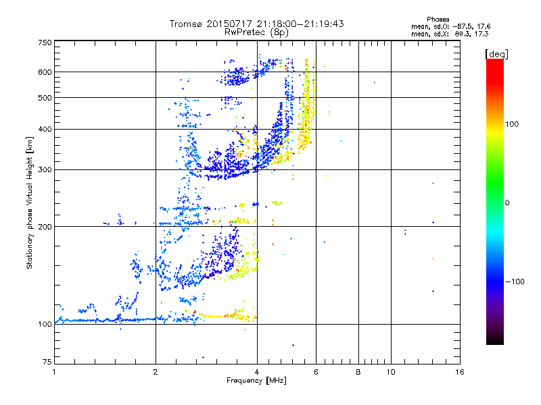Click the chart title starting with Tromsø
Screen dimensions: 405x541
pos(256,24)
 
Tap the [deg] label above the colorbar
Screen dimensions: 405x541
pos(496,53)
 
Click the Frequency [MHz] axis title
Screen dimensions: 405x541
pos(256,381)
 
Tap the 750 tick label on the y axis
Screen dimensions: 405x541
pos(45,42)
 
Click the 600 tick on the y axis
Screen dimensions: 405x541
pos(45,72)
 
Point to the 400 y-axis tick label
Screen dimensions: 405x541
pos(45,129)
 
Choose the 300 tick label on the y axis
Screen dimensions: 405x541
pos(45,169)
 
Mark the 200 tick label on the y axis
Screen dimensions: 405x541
pos(45,226)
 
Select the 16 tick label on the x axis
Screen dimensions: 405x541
pos(459,372)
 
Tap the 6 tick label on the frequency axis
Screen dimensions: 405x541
pos(316,372)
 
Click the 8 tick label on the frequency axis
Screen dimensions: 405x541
pos(358,372)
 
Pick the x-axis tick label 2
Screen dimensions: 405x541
pos(156,372)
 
